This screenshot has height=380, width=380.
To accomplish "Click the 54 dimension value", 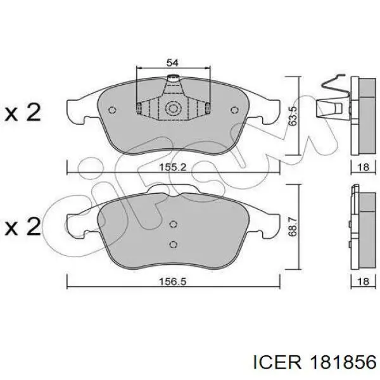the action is coord(172,63).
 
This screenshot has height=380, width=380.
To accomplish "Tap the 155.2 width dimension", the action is coord(173,167).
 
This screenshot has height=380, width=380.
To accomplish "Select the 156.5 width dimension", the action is coord(173,281).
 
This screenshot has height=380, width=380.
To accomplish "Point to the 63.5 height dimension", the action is coord(293,116).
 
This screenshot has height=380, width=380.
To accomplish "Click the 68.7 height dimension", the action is coord(293,227).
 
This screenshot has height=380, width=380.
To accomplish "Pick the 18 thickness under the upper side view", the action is coord(364,167).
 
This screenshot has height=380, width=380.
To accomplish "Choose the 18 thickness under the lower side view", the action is coord(364,281).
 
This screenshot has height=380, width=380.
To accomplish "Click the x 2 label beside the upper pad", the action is coord(23,113).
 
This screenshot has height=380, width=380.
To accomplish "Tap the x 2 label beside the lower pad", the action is coord(23,226).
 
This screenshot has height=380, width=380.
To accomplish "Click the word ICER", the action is coord(277,363).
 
